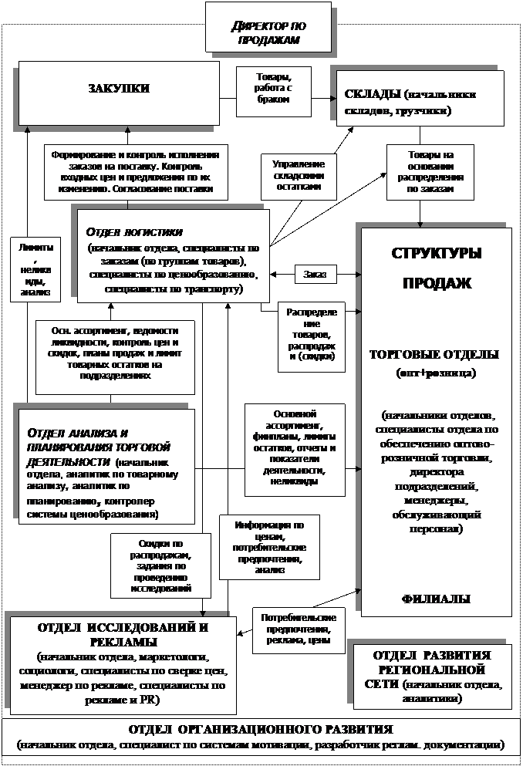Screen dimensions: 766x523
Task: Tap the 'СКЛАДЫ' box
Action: (x=416, y=103)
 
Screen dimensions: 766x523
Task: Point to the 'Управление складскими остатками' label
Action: (x=299, y=175)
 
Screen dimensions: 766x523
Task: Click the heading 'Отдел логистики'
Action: (x=135, y=232)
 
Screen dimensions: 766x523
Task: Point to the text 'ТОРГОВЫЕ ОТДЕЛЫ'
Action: (x=434, y=355)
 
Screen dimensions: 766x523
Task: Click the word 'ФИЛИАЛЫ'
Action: (x=436, y=599)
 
